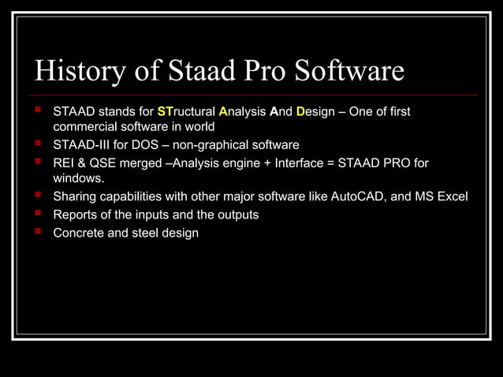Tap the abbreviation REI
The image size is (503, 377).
coord(64,162)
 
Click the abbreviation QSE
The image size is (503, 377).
coord(102,162)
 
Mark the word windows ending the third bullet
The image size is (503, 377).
coord(77,178)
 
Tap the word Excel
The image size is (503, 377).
coord(453,196)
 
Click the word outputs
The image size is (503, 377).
coord(235,215)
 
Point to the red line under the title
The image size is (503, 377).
coord(252,95)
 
